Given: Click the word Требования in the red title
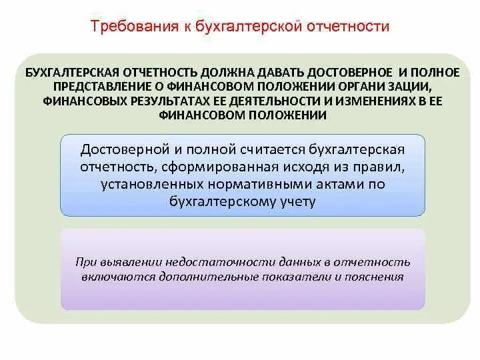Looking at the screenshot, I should [127, 27].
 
